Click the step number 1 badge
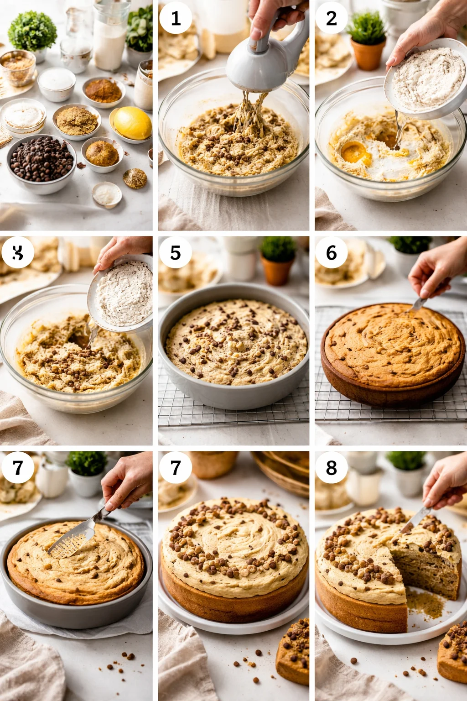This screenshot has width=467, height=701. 176,18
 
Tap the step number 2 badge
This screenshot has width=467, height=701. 332,18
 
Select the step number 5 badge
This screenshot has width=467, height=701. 176,252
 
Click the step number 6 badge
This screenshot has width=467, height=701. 332,252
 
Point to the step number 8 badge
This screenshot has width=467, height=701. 332,468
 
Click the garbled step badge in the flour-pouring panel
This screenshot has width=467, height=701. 18,252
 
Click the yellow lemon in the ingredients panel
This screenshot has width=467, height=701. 132,123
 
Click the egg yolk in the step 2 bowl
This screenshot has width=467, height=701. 356,153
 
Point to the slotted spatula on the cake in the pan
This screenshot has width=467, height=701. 73,541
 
